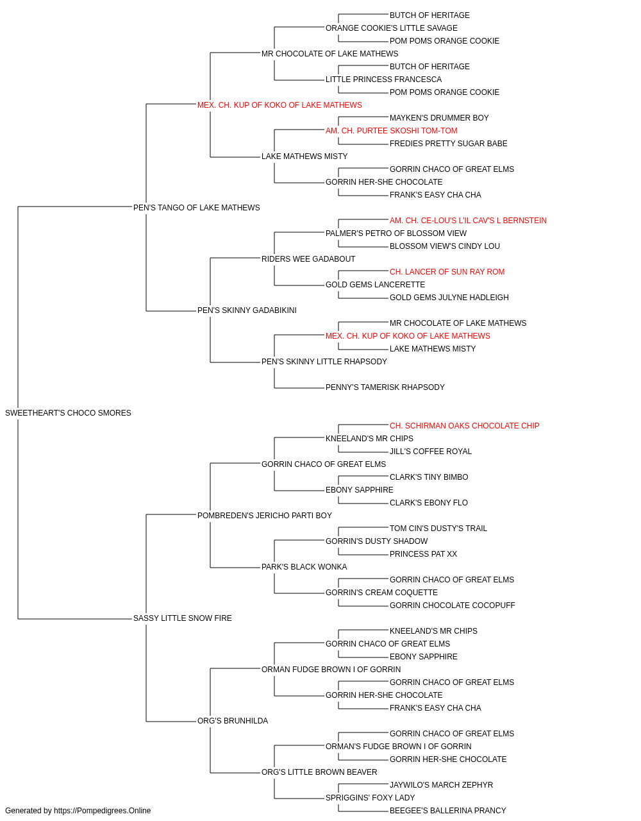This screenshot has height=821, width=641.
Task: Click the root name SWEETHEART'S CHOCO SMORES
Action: [68, 413]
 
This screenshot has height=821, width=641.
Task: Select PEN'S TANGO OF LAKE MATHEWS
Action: [196, 208]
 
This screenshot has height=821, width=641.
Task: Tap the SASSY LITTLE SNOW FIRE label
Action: [182, 618]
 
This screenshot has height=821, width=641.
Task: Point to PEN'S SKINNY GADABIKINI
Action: [247, 310]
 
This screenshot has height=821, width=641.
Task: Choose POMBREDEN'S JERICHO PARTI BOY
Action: [264, 516]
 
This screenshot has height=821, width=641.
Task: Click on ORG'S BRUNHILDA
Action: [233, 721]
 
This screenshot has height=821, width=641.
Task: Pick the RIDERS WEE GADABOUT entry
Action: [308, 259]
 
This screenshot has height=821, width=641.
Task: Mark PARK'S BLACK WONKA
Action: [304, 567]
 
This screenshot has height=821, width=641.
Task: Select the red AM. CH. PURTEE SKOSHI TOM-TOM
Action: [391, 131]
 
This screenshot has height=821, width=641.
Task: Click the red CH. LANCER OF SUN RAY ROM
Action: [447, 272]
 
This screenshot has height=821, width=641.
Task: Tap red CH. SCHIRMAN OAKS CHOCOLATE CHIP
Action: [464, 426]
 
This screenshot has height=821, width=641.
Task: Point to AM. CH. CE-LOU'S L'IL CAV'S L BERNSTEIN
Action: [468, 221]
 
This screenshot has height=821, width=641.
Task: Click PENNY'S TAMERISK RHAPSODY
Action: [385, 387]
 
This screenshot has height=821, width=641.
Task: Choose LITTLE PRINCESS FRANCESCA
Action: [383, 80]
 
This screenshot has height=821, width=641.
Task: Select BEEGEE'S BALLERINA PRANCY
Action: [447, 811]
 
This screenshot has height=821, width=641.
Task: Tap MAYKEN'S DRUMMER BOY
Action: [439, 118]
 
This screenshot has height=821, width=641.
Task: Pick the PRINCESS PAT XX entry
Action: [423, 554]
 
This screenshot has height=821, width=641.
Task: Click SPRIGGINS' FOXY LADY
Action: [370, 798]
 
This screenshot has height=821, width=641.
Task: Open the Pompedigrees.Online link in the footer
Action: [102, 811]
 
